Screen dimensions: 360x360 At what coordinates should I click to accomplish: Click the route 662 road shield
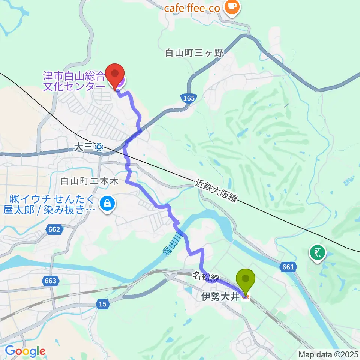click(54, 229)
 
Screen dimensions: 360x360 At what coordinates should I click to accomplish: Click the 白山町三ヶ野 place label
click(194, 53)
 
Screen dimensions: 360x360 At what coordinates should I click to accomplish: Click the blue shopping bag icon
click(107, 204)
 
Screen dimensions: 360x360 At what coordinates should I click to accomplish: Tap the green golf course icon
click(317, 252)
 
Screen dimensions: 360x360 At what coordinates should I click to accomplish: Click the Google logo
click(25, 351)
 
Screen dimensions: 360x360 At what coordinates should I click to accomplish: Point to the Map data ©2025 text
click(328, 354)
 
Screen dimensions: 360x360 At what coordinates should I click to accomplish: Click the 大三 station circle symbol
click(99, 147)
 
